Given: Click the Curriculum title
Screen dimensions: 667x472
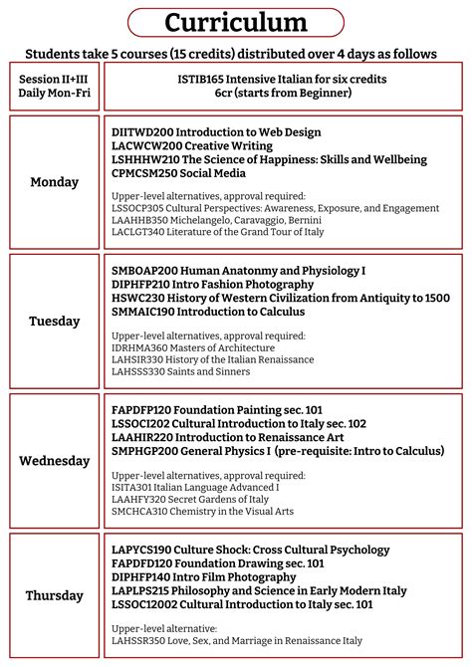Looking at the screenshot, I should (x=236, y=23).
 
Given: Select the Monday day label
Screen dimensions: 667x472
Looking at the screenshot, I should (x=55, y=181).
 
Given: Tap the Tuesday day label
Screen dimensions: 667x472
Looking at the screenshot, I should (x=55, y=321).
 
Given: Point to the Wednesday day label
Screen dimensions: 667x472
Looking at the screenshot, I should (x=55, y=460).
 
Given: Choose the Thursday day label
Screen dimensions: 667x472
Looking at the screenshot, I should (x=55, y=595).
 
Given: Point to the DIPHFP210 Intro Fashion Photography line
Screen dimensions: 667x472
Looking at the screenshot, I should (x=213, y=284).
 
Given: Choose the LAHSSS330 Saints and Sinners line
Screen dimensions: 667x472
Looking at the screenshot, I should (x=181, y=371).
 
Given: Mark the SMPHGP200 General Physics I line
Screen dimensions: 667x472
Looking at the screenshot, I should (x=278, y=451).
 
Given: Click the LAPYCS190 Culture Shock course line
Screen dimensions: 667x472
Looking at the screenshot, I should (x=237, y=550).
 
